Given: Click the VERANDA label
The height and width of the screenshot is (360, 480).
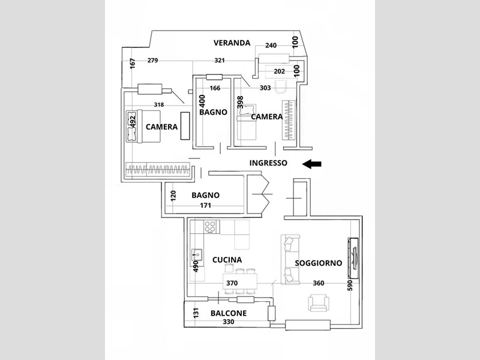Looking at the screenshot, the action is (232, 43).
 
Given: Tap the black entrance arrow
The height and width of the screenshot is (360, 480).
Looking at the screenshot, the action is (311, 164).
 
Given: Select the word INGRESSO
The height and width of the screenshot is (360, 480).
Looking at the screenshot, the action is (268, 163).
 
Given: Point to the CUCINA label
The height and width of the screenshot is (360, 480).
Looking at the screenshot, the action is (227, 260).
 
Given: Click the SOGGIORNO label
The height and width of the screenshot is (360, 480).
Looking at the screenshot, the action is (319, 263).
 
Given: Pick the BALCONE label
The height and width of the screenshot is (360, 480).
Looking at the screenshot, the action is (229, 313).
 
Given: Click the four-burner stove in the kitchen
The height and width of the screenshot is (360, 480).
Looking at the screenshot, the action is (210, 227).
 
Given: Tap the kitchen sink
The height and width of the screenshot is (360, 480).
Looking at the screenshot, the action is (197, 254).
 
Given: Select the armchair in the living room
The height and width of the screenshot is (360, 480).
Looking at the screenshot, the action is (319, 302).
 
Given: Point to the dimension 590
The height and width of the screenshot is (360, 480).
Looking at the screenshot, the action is (350, 285).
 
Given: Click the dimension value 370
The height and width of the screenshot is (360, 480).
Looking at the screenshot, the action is (232, 283).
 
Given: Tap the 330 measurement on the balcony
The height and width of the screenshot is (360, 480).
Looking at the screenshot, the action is (229, 322).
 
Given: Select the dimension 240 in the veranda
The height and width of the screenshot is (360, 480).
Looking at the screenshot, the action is (271, 46).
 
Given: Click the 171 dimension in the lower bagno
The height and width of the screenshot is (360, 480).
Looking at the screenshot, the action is (205, 205).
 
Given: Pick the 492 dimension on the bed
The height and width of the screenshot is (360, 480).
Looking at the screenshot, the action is (133, 121).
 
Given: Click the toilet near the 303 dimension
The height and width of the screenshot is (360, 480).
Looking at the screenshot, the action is (280, 86).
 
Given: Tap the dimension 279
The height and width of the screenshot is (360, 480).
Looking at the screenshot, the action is (153, 61).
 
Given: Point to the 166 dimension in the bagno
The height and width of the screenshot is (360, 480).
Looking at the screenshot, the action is (215, 88).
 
